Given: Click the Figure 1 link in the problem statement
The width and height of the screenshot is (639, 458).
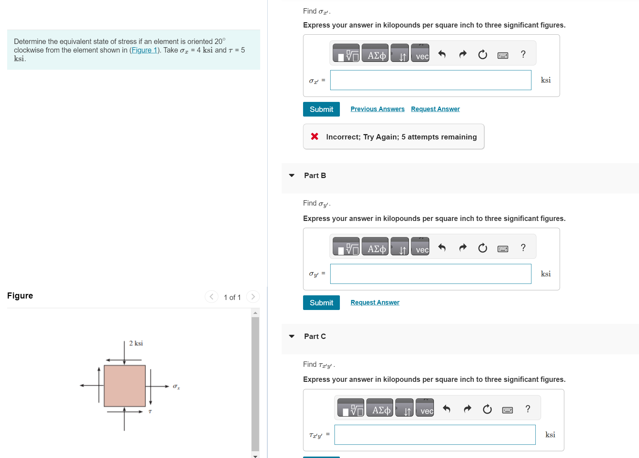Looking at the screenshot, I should tap(144, 50).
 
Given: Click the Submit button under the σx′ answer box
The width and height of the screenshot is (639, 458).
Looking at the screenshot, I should tap(321, 109).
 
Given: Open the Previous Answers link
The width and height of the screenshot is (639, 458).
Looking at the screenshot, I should tap(377, 109).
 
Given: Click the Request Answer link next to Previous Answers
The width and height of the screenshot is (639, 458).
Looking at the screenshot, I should tap(435, 109).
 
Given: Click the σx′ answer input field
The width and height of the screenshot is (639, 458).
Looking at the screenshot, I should tap(430, 80).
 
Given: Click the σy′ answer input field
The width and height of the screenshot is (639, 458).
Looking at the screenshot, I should tap(430, 274).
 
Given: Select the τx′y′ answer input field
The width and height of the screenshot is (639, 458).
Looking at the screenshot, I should tap(435, 435).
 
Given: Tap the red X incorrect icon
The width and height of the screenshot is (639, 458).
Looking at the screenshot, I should tap(314, 136).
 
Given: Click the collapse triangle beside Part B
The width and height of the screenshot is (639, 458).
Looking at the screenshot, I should tap(292, 176).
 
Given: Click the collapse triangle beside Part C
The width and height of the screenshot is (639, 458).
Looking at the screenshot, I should tap(292, 336).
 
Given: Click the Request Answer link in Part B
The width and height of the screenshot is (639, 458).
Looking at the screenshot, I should tap(375, 302).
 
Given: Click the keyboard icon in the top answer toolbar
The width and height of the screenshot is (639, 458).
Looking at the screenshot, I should tap(502, 55).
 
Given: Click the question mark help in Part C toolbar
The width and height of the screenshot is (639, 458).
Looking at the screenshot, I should tap(527, 409).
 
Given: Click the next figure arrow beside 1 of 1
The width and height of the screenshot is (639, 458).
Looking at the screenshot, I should tap(253, 297).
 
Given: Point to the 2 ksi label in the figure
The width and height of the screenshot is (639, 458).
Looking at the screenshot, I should tap(136, 343).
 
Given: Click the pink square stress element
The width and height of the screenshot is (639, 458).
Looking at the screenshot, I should tap(124, 386).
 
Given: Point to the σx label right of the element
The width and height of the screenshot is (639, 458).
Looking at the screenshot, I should tap(176, 386).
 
